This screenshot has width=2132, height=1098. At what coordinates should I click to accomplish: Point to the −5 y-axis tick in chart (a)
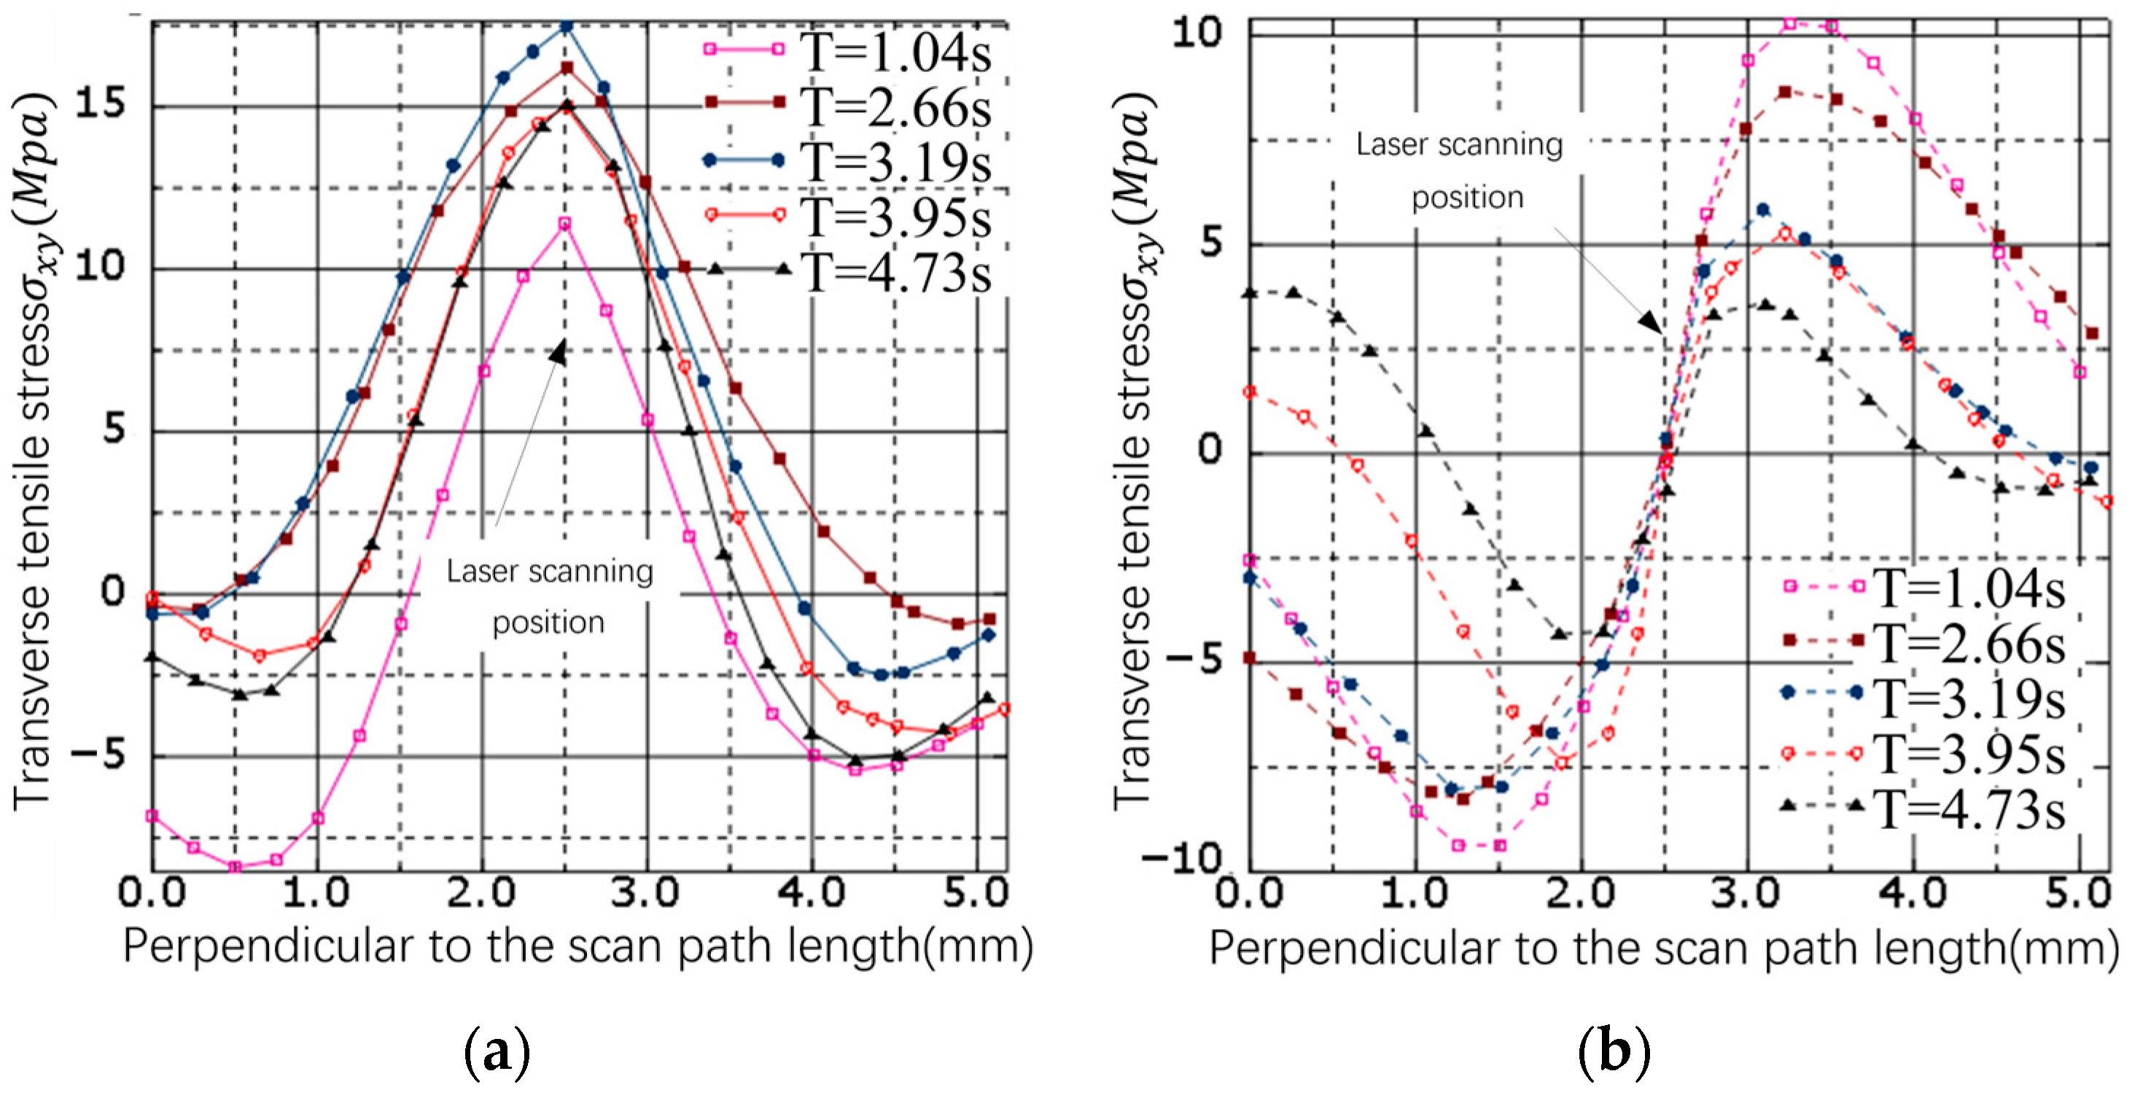[96, 754]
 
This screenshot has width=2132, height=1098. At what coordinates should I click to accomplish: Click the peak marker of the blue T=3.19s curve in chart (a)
[566, 26]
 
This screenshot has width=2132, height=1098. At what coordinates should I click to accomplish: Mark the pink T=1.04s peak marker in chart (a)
[564, 223]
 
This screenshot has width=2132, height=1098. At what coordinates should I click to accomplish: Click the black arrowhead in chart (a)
[559, 354]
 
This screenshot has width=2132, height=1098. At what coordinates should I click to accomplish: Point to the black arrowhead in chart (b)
[1649, 321]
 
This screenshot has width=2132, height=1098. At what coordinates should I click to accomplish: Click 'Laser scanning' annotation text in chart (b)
[1458, 145]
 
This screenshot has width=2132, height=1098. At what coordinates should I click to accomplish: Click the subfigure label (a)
[497, 1051]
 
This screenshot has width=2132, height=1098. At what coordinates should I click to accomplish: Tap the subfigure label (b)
[1613, 1051]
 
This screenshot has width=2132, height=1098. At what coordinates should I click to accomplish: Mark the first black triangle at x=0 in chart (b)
[1250, 293]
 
